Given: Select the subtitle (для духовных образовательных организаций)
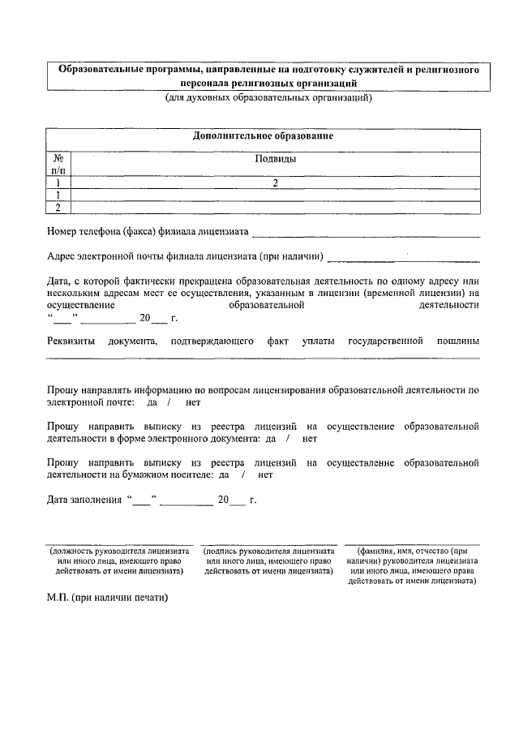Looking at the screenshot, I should (x=268, y=98).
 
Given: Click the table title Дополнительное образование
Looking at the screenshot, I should (x=263, y=135).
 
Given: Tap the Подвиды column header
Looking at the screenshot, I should (x=275, y=159).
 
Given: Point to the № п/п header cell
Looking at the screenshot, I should (x=58, y=165).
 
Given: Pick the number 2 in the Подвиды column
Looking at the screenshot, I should (x=275, y=183).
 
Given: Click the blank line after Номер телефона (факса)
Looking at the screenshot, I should (x=366, y=235).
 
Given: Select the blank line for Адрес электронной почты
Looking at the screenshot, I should (x=403, y=260).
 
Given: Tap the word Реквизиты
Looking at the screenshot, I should (x=71, y=341).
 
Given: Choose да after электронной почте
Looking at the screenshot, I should (x=152, y=402).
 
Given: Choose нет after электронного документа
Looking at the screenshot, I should (x=309, y=438).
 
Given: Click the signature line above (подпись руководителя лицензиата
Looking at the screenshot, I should (x=269, y=544).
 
